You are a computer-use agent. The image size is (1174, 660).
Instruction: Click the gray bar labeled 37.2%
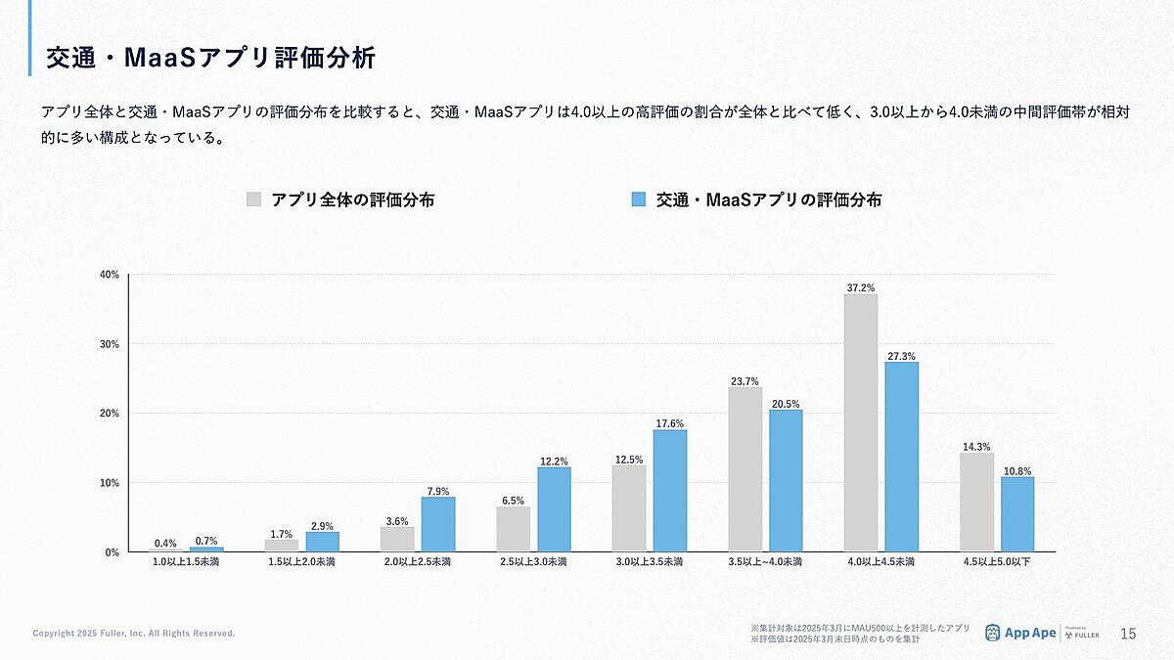click(860, 422)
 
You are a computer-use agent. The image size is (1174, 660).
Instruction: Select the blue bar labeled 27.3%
click(902, 457)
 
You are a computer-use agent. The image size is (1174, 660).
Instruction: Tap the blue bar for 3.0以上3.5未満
click(670, 491)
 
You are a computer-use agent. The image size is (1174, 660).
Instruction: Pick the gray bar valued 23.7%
click(745, 469)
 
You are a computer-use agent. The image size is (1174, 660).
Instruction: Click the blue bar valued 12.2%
click(555, 509)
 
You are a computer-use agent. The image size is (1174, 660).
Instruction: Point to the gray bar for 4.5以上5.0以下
click(976, 503)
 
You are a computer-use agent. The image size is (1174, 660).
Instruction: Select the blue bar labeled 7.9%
click(438, 524)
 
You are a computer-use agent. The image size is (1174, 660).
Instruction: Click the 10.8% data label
click(1017, 471)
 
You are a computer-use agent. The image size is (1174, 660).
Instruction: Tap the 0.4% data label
click(165, 544)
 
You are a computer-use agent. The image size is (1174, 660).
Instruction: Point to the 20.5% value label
click(786, 404)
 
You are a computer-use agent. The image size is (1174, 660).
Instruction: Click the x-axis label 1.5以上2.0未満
click(301, 562)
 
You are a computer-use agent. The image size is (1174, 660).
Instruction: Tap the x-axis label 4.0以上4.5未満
click(880, 562)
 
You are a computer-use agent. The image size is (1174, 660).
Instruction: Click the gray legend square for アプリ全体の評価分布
click(253, 199)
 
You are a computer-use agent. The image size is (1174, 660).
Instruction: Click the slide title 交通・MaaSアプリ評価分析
click(210, 58)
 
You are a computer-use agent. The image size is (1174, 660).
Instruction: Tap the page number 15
click(1128, 634)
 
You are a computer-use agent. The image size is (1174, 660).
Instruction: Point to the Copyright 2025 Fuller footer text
click(134, 634)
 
